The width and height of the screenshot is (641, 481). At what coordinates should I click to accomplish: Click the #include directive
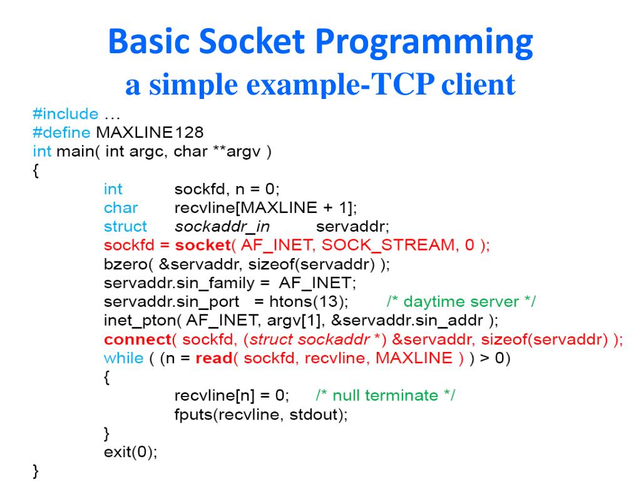click(x=65, y=114)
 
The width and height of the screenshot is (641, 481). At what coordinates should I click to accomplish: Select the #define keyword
click(x=61, y=133)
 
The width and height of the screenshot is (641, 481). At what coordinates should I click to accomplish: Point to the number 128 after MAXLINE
click(x=189, y=133)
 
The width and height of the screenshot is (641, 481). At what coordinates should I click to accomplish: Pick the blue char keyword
click(x=121, y=207)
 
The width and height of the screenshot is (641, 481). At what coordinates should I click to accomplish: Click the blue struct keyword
click(x=125, y=226)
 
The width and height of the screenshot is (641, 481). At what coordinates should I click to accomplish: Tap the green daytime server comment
click(x=461, y=301)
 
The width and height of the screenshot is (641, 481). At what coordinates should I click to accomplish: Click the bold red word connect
click(x=137, y=339)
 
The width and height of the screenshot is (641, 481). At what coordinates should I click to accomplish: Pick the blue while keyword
click(x=123, y=358)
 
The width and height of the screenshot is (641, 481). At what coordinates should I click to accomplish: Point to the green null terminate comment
click(x=386, y=395)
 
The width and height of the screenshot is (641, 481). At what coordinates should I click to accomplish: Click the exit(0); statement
click(x=130, y=452)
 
